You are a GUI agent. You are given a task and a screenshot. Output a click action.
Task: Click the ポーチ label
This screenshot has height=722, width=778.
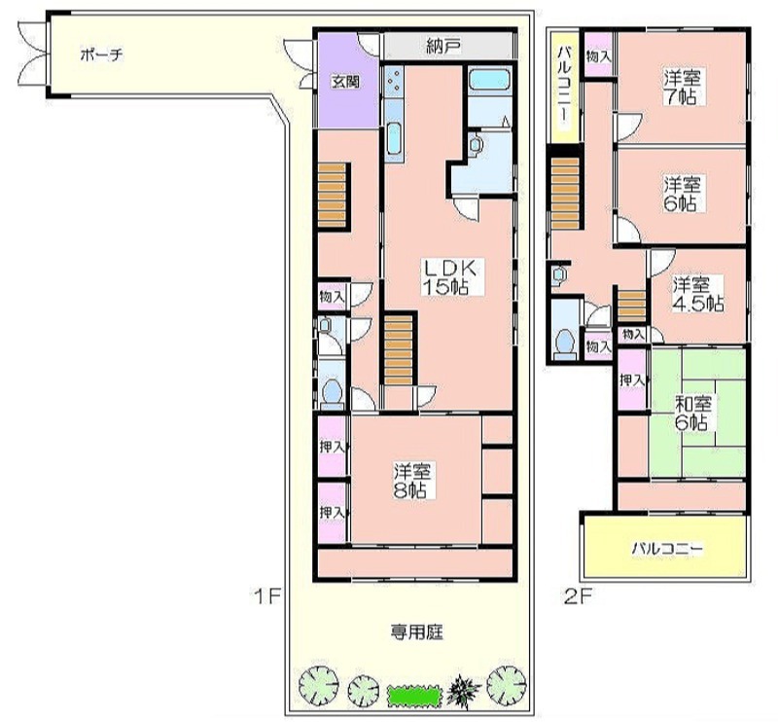(x=101, y=54)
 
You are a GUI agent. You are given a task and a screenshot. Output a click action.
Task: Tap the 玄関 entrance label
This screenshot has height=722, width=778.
(x=346, y=82)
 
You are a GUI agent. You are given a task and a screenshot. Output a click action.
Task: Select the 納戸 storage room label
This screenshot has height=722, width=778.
(x=444, y=46)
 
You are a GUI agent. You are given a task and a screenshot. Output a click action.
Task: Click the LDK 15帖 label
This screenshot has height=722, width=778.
(x=449, y=277)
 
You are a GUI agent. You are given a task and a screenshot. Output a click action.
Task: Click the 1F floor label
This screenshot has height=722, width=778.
(x=267, y=595)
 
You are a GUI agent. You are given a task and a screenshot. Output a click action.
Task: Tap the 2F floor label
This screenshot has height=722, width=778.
(x=579, y=596)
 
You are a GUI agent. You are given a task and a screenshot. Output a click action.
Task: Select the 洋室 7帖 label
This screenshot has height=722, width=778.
(x=683, y=88)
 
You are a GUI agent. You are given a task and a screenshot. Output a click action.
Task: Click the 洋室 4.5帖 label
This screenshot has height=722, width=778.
(x=697, y=295)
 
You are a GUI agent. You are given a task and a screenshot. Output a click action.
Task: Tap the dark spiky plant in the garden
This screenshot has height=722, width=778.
(x=464, y=689)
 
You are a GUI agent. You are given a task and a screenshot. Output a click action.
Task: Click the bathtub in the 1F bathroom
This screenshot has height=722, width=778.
(x=490, y=80)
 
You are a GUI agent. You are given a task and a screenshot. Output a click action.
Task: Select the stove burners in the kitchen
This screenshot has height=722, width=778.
(x=395, y=81)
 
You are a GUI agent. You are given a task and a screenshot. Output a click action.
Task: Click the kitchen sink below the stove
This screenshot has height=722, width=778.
(x=395, y=137)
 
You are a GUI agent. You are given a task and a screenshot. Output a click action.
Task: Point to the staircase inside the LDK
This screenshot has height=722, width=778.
(x=399, y=349)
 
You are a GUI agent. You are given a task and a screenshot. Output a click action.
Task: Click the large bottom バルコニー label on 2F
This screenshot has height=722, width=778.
(x=667, y=549)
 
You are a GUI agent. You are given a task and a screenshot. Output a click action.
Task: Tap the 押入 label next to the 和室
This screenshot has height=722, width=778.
(x=633, y=380)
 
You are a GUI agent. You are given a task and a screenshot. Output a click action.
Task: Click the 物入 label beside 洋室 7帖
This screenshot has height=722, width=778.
(x=599, y=56)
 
